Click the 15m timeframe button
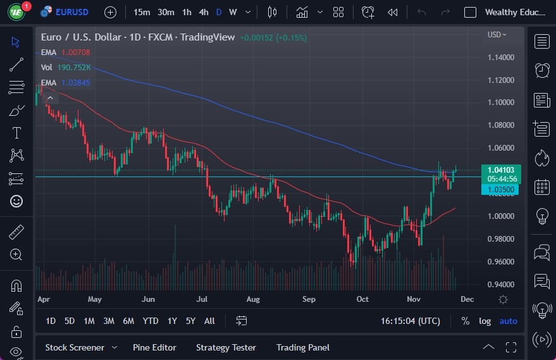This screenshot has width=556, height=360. point(142,12)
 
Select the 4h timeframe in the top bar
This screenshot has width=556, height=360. point(204,12)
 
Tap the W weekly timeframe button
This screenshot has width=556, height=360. point(233,12)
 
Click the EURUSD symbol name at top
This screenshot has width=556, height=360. point(71,12)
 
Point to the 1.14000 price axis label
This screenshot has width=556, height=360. point(500,58)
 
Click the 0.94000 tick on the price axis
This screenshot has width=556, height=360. point(500,285)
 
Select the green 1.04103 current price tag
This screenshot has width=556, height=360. point(501,170)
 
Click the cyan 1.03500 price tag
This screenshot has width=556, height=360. point(500,189)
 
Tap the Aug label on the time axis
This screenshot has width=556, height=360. point(252,299)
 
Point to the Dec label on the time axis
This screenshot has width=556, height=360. point(467,299)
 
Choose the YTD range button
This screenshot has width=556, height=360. point(150,321)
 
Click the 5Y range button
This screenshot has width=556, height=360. point(190,321)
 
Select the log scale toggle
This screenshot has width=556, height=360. point(485,321)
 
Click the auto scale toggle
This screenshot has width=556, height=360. point(508,321)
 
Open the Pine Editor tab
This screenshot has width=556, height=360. point(154,347)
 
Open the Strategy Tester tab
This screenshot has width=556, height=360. point(226,347)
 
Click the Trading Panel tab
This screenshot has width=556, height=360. point(302,347)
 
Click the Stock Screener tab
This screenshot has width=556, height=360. point(74,347)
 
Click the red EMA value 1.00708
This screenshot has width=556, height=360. point(76,52)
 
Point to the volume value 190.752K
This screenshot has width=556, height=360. point(73,67)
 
